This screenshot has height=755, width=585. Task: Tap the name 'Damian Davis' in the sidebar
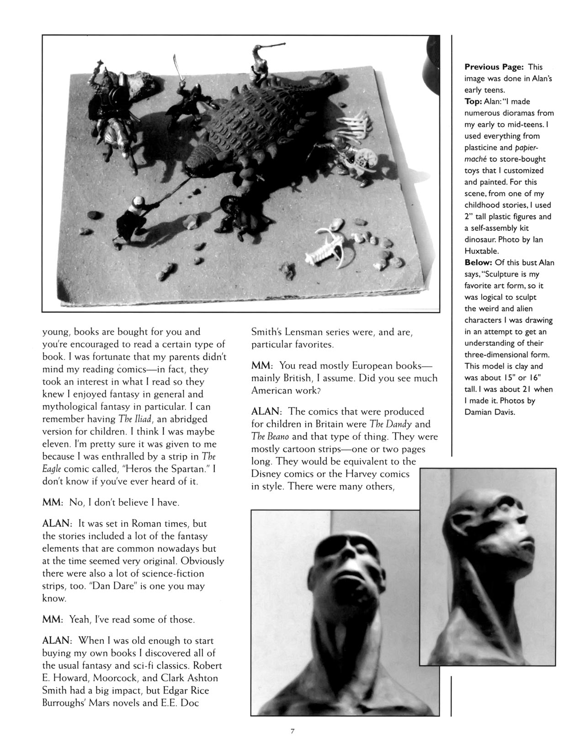pyautogui.click(x=487, y=412)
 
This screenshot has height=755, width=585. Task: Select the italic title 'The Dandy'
pyautogui.click(x=387, y=424)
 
